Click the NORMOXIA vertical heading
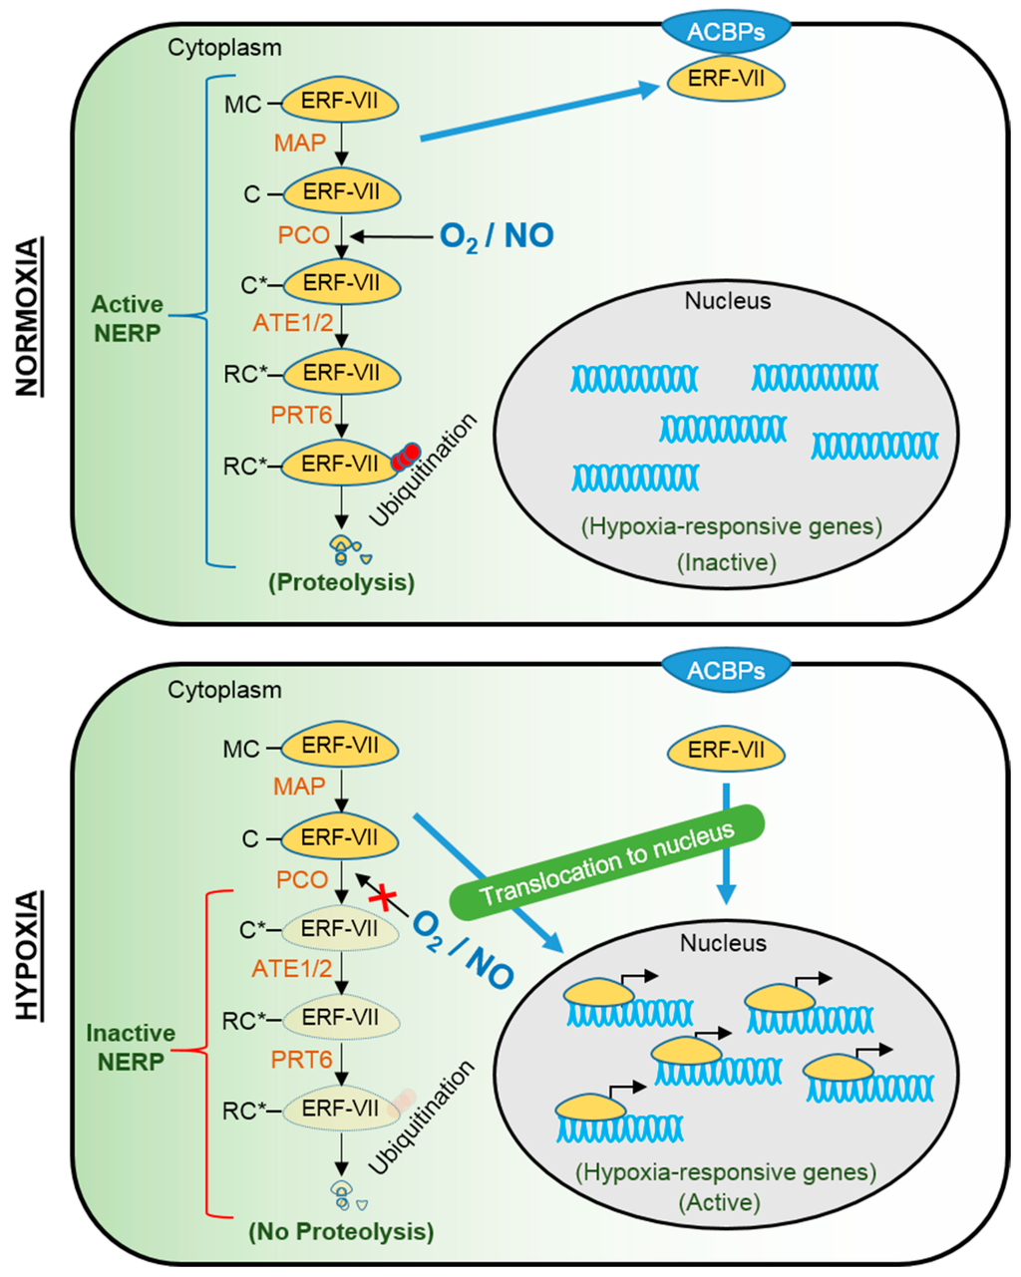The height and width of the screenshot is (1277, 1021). click(29, 316)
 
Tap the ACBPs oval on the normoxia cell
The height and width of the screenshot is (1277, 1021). click(726, 31)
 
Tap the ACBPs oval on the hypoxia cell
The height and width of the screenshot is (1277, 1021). click(726, 670)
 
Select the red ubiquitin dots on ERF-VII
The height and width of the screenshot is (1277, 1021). click(406, 457)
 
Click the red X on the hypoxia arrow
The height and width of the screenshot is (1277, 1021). click(384, 895)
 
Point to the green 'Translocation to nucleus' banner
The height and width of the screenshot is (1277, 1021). click(606, 862)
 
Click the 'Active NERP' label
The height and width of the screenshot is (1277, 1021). click(128, 319)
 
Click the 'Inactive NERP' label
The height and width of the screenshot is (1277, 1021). click(131, 1047)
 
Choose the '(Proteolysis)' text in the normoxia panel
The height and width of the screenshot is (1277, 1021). click(342, 582)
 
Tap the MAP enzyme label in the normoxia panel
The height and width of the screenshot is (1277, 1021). click(300, 143)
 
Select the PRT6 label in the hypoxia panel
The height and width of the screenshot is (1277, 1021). click(301, 1060)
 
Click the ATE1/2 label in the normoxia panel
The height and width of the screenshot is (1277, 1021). click(293, 323)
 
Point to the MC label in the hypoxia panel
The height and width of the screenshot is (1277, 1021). click(241, 749)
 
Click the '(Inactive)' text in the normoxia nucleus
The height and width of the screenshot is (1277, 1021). click(727, 562)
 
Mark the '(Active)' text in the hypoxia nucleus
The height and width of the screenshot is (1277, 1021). click(720, 1202)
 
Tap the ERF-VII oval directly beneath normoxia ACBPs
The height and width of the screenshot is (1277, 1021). click(726, 80)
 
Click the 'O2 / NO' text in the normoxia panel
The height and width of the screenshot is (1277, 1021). click(497, 236)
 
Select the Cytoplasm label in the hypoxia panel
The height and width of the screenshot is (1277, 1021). click(224, 690)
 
